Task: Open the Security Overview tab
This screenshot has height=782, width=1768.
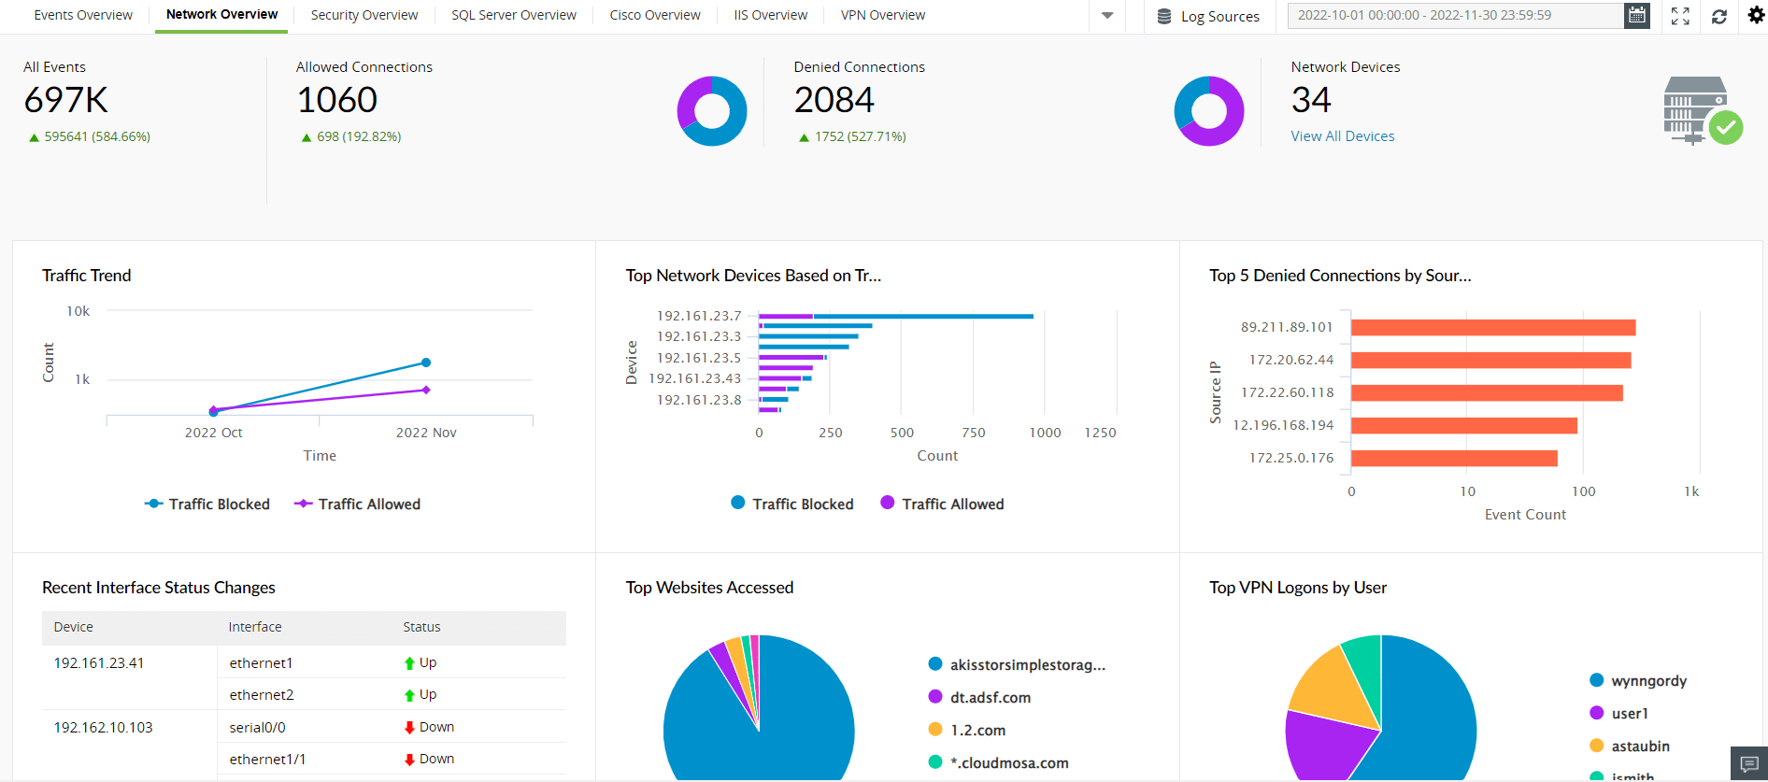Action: pyautogui.click(x=364, y=16)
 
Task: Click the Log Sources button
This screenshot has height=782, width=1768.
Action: pyautogui.click(x=1208, y=16)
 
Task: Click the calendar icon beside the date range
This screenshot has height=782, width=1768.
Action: pyautogui.click(x=1636, y=16)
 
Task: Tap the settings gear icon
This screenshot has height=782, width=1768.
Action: pyautogui.click(x=1756, y=16)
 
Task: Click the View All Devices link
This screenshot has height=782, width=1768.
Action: pyautogui.click(x=1342, y=136)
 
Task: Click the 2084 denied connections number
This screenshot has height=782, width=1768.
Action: pyautogui.click(x=834, y=100)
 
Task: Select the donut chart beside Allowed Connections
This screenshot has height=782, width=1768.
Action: pyautogui.click(x=712, y=111)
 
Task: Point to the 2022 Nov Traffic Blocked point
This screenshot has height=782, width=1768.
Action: pyautogui.click(x=426, y=363)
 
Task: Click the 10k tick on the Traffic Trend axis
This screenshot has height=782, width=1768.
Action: pyautogui.click(x=78, y=311)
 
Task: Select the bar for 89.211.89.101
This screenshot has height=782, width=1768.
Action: pyautogui.click(x=1492, y=327)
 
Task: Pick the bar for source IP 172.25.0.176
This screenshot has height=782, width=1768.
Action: pyautogui.click(x=1453, y=458)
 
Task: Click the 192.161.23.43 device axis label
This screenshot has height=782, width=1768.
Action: pyautogui.click(x=694, y=378)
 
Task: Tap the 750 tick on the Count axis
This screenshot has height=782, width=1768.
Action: pyautogui.click(x=974, y=433)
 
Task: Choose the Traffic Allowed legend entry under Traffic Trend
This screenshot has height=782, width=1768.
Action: pyautogui.click(x=358, y=505)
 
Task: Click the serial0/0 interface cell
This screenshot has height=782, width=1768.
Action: pyautogui.click(x=258, y=727)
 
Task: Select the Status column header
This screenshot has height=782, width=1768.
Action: pyautogui.click(x=421, y=627)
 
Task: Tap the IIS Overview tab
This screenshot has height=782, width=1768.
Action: pyautogui.click(x=770, y=16)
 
